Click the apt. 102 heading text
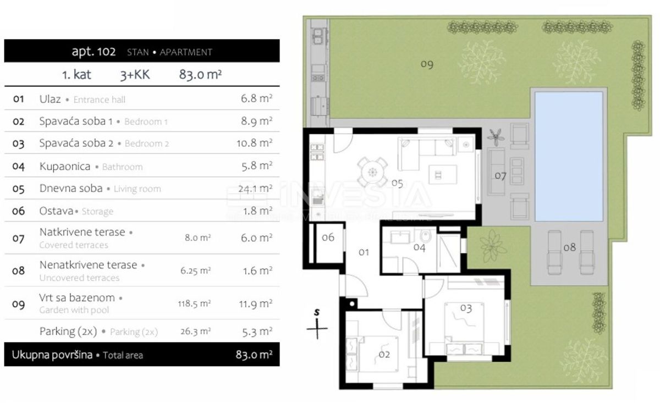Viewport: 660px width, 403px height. tap(94, 52)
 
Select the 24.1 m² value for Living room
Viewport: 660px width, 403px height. tap(256, 188)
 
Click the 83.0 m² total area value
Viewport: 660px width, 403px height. tap(254, 355)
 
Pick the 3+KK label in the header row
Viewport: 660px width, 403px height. tap(135, 75)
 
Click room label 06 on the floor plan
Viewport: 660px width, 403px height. tap(328, 238)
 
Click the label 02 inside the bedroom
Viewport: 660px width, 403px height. tap(384, 355)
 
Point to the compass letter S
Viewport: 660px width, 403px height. tap(317, 312)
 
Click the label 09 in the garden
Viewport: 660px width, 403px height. tap(427, 64)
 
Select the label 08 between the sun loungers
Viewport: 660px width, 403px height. tap(569, 247)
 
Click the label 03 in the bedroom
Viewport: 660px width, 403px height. tap(466, 308)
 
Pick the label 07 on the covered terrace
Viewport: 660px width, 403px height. tap(500, 176)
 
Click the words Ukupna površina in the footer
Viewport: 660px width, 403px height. tap(52, 355)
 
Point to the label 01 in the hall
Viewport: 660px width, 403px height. tap(364, 252)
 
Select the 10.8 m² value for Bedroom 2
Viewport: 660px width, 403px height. tap(256, 143)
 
